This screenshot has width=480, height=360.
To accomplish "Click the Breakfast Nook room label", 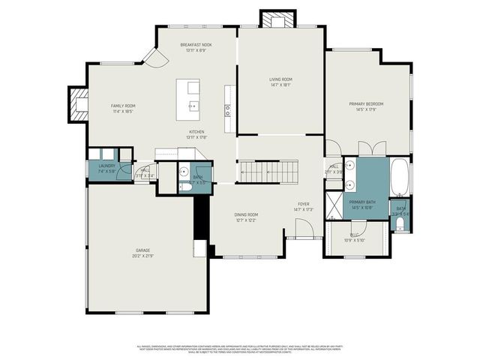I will point(196,45).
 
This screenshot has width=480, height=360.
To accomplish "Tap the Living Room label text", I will point(281,79).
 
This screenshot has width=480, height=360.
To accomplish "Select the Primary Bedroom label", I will point(365,103).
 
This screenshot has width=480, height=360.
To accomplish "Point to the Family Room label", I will point(122,106).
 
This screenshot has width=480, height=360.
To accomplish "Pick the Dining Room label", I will point(247,214).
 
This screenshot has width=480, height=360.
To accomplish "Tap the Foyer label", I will point(303,204).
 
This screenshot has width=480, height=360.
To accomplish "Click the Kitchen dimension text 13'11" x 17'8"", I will point(196,137).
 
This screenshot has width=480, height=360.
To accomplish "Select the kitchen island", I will point(189,99).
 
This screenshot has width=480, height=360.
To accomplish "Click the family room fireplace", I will point(78,104).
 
